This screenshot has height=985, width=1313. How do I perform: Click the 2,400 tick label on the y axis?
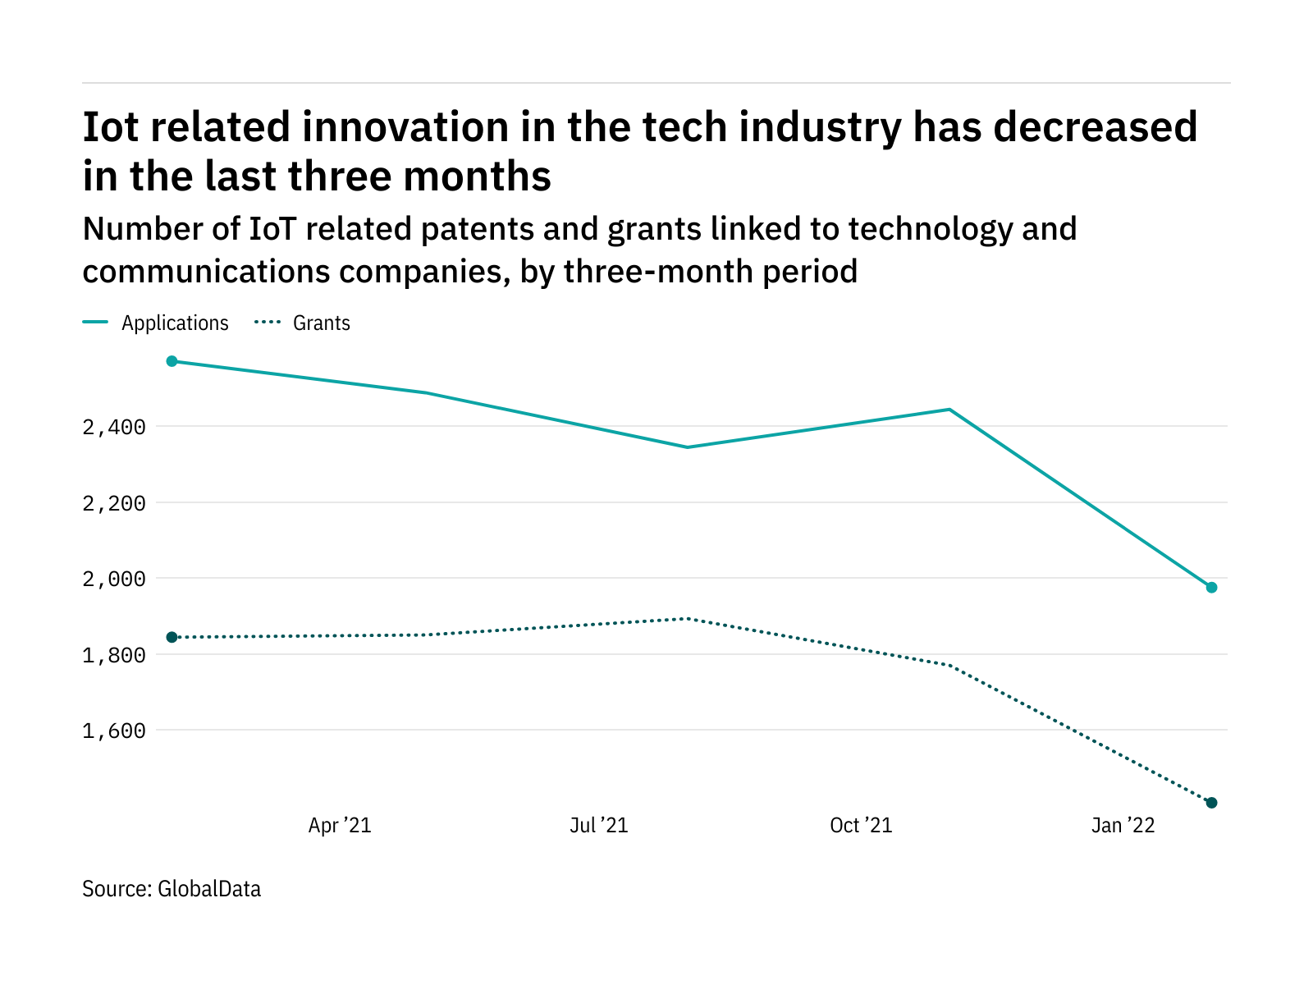(x=114, y=427)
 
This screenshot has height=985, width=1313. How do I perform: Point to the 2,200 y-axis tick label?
(x=114, y=503)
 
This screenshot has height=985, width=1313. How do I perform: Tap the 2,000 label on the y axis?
(x=114, y=579)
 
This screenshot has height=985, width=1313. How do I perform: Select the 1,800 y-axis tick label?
(x=114, y=655)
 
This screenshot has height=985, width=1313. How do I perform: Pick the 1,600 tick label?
(x=114, y=731)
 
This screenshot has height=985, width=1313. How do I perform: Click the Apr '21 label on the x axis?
(x=340, y=825)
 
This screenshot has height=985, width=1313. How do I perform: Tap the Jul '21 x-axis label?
(x=599, y=825)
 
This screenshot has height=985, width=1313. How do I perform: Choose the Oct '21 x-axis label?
(x=861, y=825)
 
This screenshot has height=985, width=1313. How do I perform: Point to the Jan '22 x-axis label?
(x=1123, y=825)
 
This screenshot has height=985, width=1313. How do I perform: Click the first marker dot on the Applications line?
(x=172, y=361)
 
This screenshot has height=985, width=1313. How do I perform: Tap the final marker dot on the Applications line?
(x=1211, y=588)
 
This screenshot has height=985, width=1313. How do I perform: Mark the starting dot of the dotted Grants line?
(x=172, y=637)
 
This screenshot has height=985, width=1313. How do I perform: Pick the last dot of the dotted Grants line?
(x=1211, y=803)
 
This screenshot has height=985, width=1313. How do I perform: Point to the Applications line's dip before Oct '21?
(x=688, y=447)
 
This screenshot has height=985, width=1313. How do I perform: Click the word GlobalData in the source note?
(x=209, y=889)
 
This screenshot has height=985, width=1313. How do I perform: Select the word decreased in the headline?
(x=1096, y=128)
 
